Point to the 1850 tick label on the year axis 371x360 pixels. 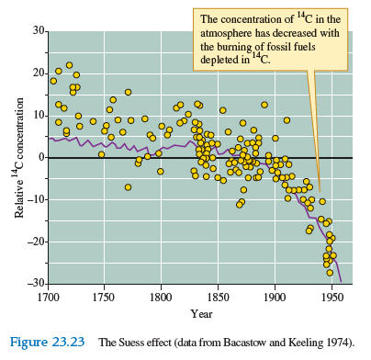click(x=218, y=298)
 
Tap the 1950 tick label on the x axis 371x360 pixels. click(x=331, y=298)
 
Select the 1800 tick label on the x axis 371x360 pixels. click(x=161, y=298)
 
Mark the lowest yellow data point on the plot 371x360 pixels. click(x=330, y=272)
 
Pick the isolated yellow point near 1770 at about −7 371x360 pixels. click(x=128, y=187)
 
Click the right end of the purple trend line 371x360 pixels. click(x=341, y=280)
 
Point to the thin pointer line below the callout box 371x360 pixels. click(x=315, y=138)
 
